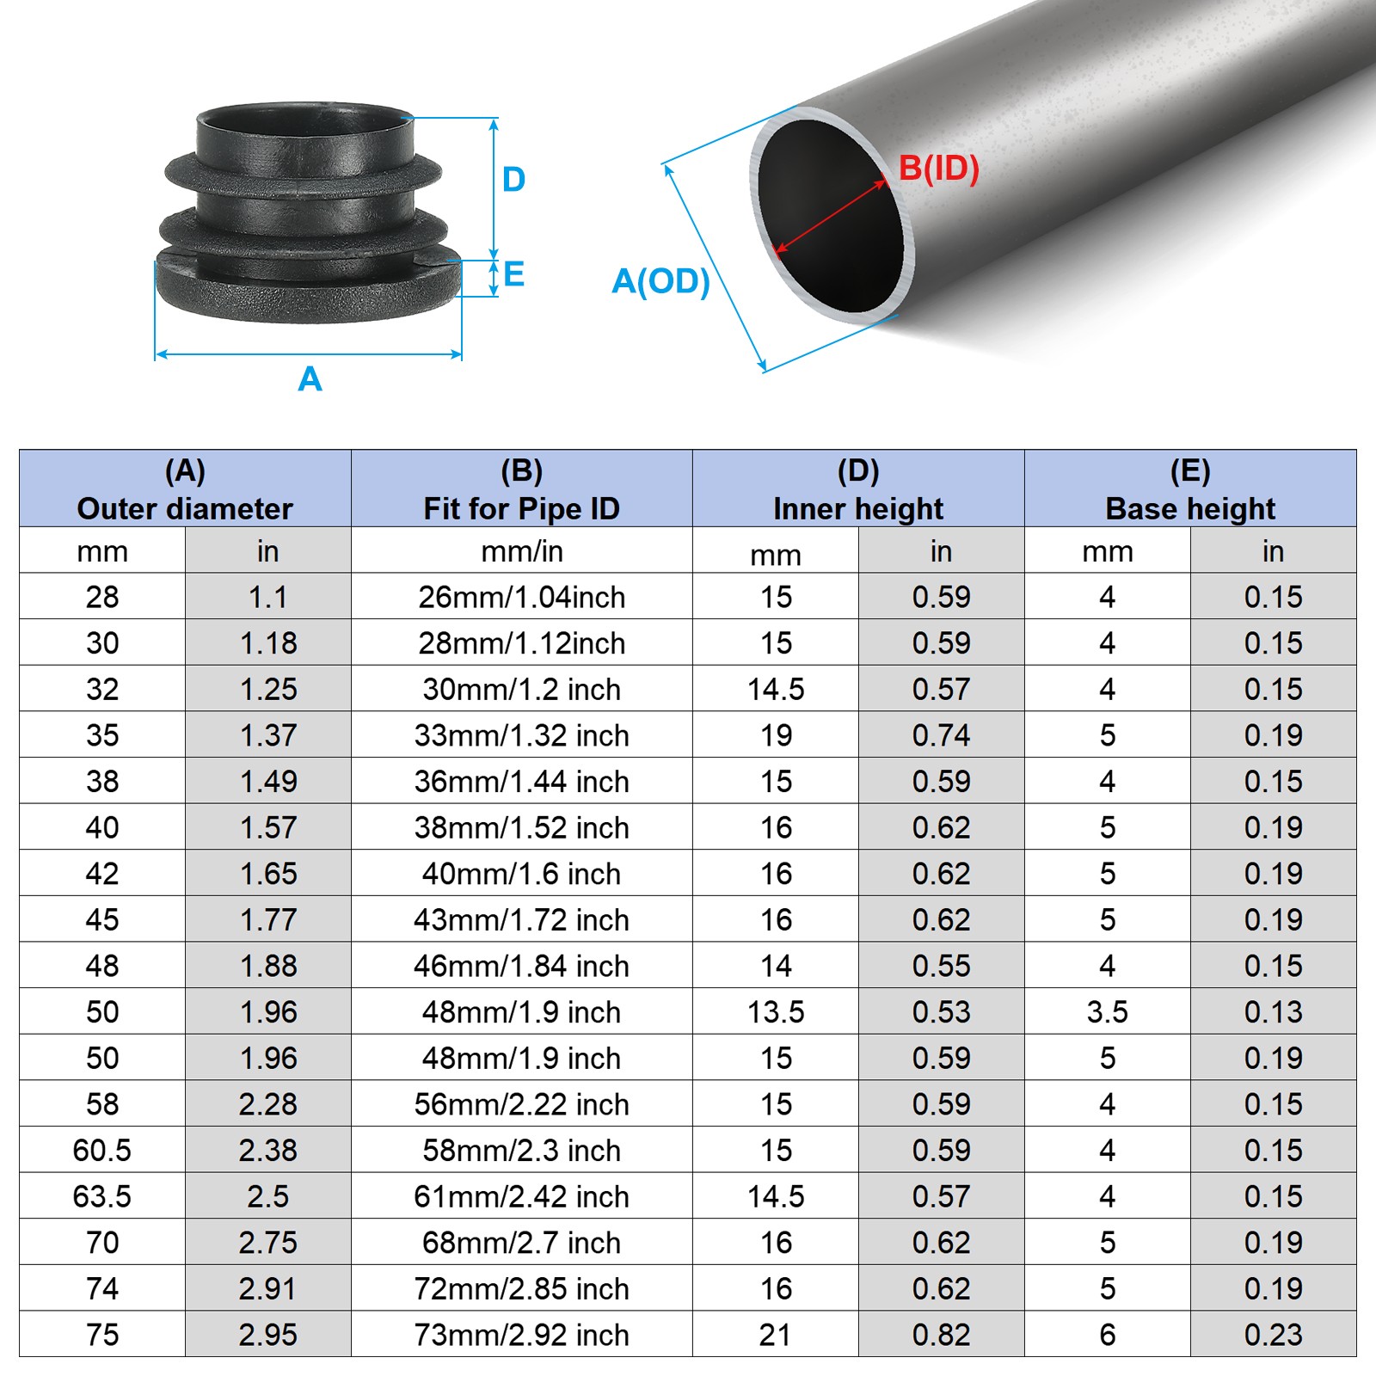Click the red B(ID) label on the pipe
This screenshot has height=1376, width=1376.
coord(938,169)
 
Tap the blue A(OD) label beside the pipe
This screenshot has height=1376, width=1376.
coord(660,281)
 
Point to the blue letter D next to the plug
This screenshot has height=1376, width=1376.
coord(513,180)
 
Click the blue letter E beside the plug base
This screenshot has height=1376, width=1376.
coord(514,275)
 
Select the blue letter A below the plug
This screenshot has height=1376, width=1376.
coord(310,379)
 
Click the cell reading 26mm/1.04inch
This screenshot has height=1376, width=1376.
coord(521,597)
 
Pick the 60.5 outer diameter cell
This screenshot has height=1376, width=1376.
coord(102,1150)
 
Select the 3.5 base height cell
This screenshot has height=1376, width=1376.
coord(1107,1012)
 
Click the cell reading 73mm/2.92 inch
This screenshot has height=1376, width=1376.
coord(521,1335)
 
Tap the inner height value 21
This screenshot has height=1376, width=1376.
coord(775,1335)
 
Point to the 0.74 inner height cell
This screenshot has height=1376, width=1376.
coord(941,735)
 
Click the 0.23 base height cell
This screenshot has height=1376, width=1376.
coord(1273,1335)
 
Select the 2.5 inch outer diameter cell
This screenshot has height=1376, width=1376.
coord(267,1196)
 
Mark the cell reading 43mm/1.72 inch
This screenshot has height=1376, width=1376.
coord(521,920)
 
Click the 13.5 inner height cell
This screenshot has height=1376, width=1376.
coord(775,1012)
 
